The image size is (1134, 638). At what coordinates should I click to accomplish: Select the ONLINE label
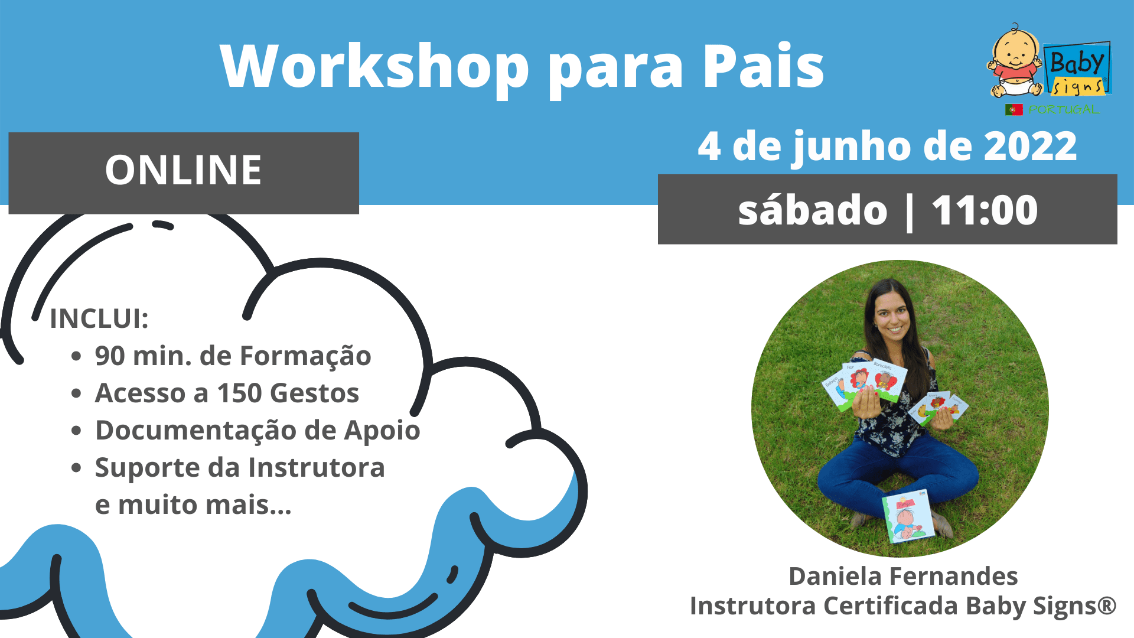pyautogui.click(x=183, y=170)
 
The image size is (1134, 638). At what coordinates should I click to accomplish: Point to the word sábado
pyautogui.click(x=813, y=210)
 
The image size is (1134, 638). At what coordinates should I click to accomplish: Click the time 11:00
pyautogui.click(x=985, y=210)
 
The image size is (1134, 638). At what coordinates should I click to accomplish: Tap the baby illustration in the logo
pyautogui.click(x=1015, y=61)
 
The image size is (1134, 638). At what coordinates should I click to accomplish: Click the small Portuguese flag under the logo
pyautogui.click(x=1014, y=109)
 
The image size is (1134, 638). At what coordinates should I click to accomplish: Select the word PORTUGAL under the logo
pyautogui.click(x=1064, y=109)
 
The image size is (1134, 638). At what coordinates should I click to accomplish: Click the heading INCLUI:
pyautogui.click(x=99, y=318)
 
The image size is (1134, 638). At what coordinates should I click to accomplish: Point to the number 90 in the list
pyautogui.click(x=110, y=356)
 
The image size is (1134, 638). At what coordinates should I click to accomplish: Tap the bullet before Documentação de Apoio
pyautogui.click(x=76, y=431)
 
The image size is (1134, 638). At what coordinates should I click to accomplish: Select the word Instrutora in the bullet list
pyautogui.click(x=317, y=467)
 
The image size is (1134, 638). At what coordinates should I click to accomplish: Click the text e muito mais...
pyautogui.click(x=193, y=504)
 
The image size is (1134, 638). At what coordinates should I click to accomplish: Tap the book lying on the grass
pyautogui.click(x=908, y=516)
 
